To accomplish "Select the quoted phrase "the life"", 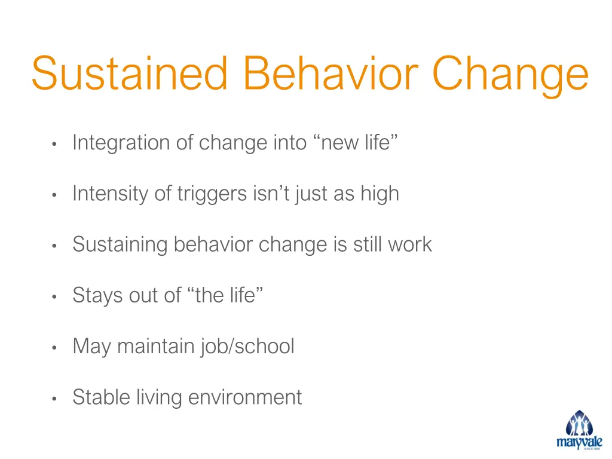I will (x=225, y=295).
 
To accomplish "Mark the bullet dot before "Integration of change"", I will (x=54, y=144).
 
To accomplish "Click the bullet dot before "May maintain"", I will (x=54, y=347).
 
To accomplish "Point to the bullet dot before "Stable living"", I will (x=54, y=398).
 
